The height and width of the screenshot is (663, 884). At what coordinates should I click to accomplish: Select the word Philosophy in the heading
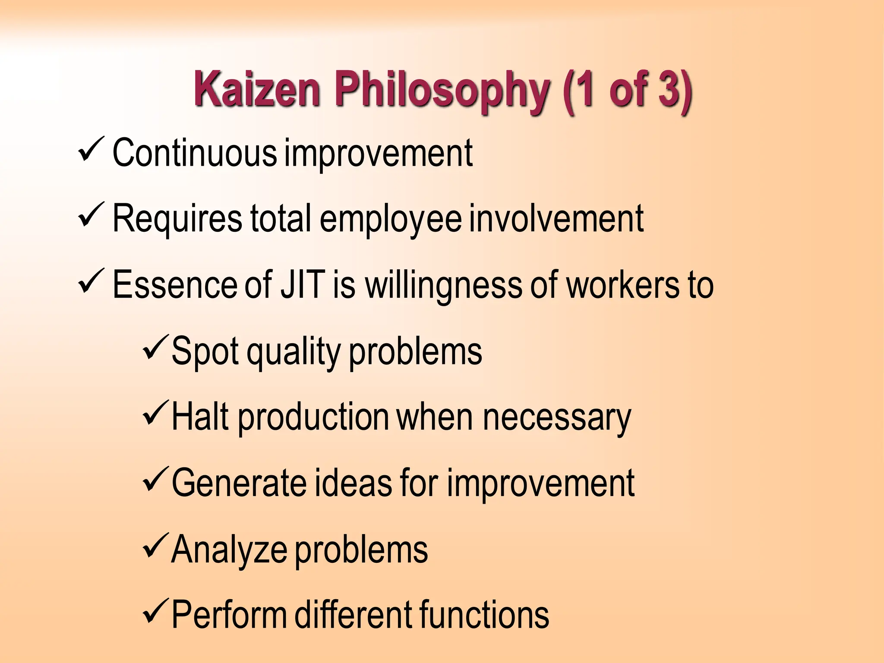click(442, 91)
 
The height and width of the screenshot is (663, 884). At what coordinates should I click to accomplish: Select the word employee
click(391, 219)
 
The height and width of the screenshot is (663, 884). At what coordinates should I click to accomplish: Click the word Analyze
click(229, 550)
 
